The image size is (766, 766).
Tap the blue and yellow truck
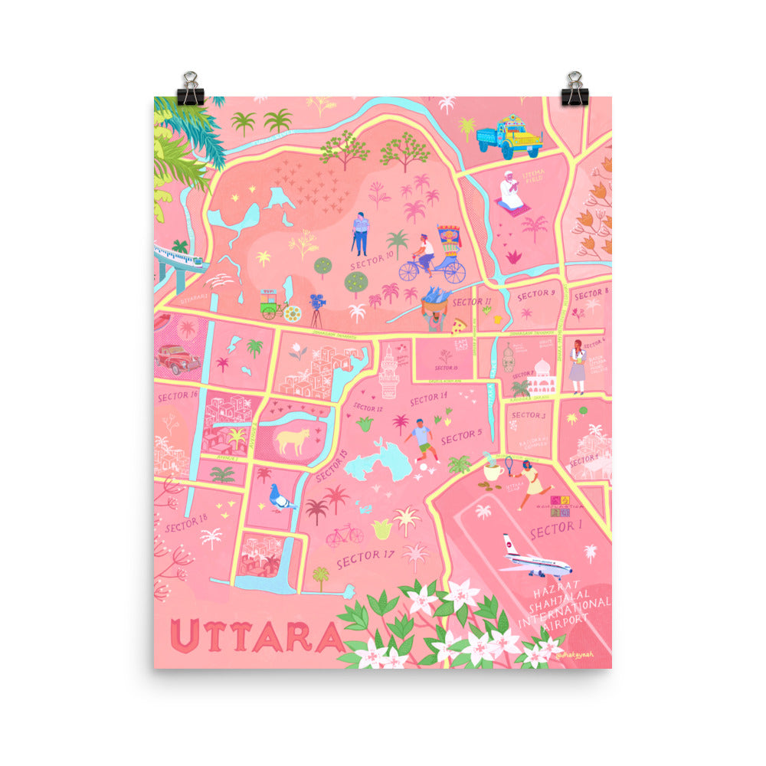click(509, 136)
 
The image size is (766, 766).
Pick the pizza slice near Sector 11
click(459, 325)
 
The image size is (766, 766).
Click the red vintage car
click(177, 358)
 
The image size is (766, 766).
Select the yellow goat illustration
click(293, 440)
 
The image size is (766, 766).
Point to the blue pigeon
click(281, 499)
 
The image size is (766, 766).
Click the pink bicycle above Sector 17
click(344, 534)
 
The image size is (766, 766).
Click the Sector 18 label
click(186, 524)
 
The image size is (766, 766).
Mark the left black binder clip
click(190, 90)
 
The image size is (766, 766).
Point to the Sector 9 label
click(535, 294)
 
